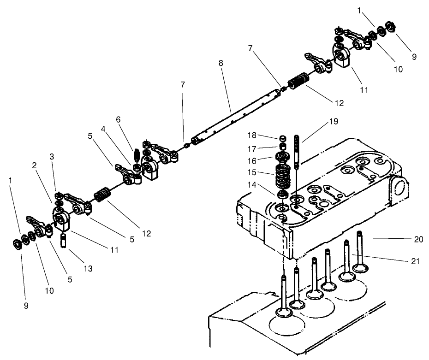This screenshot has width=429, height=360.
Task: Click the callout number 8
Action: pos(221,63)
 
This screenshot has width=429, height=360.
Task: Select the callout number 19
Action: pos(334,122)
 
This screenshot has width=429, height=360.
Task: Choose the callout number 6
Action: pos(118,119)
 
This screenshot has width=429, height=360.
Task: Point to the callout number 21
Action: pos(415,261)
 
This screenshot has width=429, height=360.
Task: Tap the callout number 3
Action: pos(52,157)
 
